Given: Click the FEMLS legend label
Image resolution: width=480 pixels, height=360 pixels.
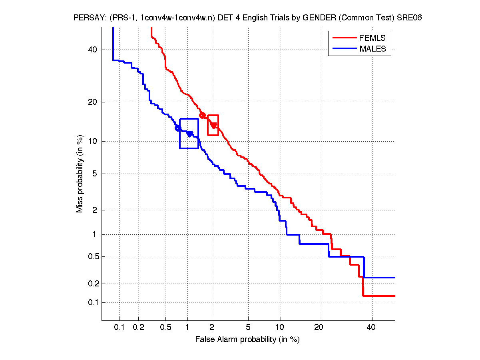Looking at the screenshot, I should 372,38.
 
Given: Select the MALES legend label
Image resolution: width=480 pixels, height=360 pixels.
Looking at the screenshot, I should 373,49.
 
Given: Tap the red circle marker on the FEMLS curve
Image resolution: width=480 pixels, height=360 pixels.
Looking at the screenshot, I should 202,115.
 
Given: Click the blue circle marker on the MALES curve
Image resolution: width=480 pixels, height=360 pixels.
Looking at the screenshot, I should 178,128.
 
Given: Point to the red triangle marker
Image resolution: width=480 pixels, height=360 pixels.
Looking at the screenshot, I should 214,125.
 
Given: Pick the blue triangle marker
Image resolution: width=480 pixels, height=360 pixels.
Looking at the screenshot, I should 189,134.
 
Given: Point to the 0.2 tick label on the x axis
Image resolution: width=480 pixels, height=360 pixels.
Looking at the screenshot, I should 138,328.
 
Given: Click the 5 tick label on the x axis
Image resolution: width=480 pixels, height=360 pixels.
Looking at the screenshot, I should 248,328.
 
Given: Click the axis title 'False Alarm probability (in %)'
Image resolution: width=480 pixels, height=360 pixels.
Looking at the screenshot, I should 247,340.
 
